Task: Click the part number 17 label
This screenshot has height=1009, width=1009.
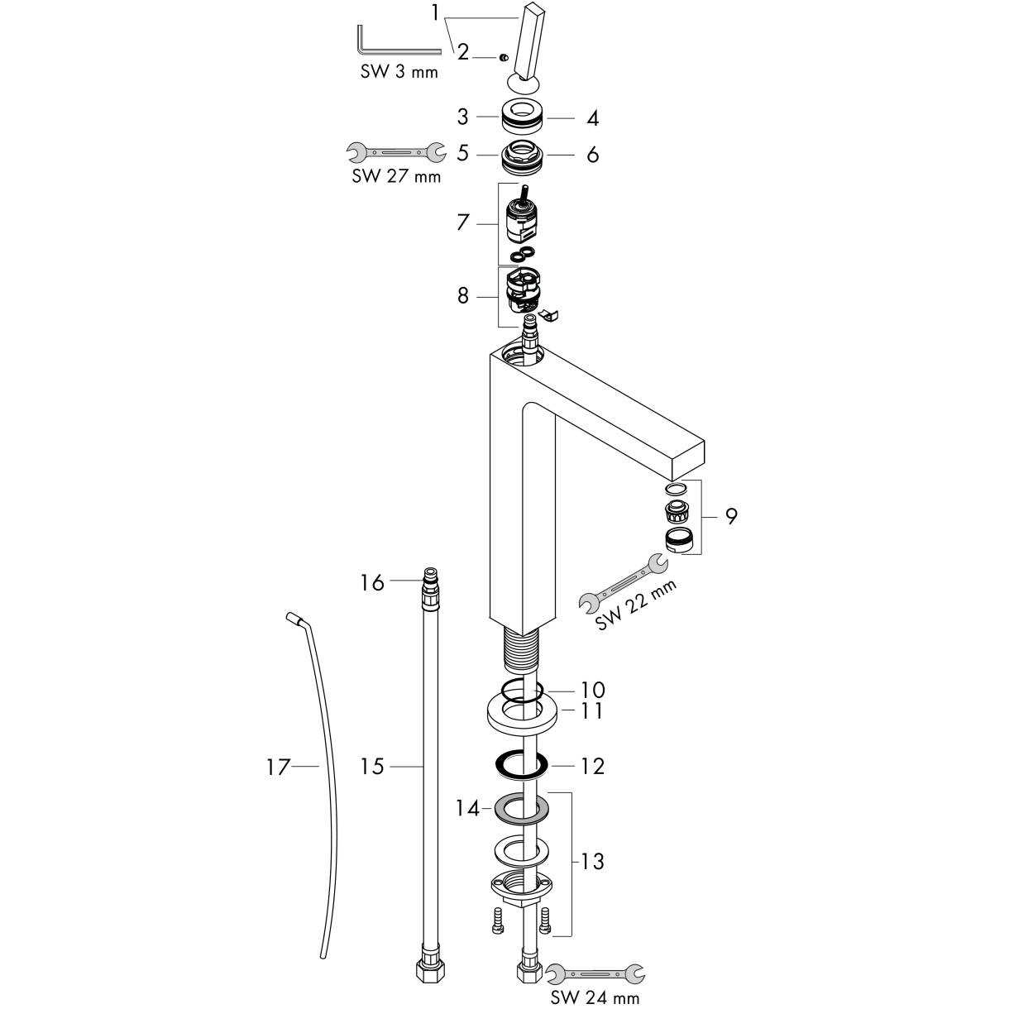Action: [278, 768]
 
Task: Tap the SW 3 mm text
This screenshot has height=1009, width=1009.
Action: [399, 72]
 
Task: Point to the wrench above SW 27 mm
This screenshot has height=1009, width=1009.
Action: [396, 152]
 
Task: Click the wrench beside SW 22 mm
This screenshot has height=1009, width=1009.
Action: [623, 581]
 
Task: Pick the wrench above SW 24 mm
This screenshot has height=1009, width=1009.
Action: [595, 974]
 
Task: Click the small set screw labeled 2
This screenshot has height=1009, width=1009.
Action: [504, 58]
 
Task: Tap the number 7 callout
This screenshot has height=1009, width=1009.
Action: [463, 222]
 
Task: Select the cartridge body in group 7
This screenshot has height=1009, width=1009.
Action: [520, 219]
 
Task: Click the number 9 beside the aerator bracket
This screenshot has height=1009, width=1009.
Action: [731, 516]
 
